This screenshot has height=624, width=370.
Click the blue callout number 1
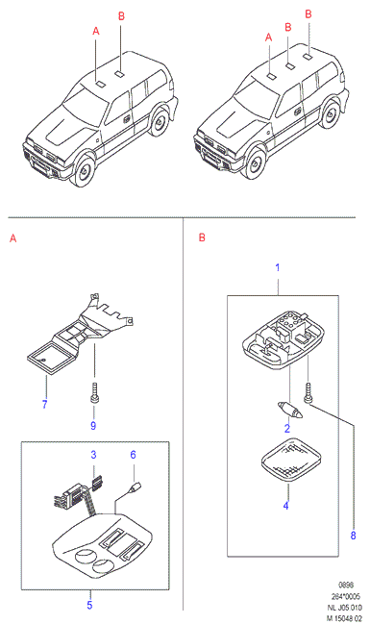pyautogui.click(x=278, y=268)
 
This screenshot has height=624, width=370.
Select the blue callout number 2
pyautogui.click(x=286, y=428)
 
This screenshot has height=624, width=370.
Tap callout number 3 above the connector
pyautogui.click(x=93, y=455)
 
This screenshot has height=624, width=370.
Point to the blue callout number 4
pyautogui.click(x=285, y=506)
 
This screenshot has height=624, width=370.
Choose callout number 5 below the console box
pyautogui.click(x=89, y=606)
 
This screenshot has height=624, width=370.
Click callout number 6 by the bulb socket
pyautogui.click(x=133, y=455)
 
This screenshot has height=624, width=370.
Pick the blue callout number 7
pyautogui.click(x=44, y=405)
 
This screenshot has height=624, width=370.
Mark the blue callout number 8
pyautogui.click(x=353, y=536)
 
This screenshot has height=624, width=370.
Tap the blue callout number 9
pyautogui.click(x=93, y=425)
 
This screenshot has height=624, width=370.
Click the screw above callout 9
pyautogui.click(x=94, y=392)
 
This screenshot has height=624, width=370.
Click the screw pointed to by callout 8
pyautogui.click(x=308, y=393)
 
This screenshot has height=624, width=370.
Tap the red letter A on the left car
pyautogui.click(x=96, y=31)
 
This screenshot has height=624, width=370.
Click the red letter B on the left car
pyautogui.click(x=121, y=16)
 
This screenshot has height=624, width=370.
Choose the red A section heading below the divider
pyautogui.click(x=13, y=238)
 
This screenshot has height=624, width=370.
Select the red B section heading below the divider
pyautogui.click(x=202, y=237)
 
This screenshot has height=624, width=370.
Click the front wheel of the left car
pyautogui.click(x=83, y=170)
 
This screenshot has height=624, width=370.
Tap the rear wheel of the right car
pyautogui.click(x=330, y=113)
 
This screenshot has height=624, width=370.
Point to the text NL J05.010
pyautogui.click(x=345, y=607)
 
